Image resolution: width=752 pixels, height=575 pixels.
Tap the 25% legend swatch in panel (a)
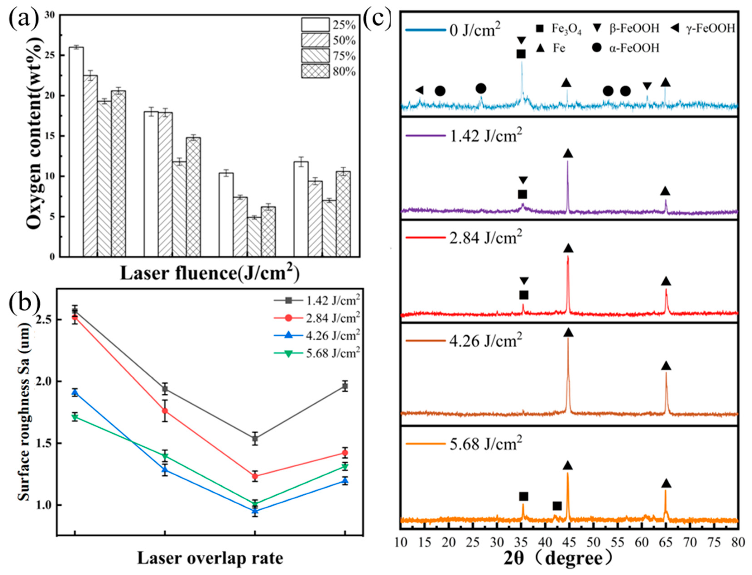pos(315,25)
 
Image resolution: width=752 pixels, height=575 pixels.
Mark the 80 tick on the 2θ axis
pos(737,542)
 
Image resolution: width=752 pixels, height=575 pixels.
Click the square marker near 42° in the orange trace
pos(557,506)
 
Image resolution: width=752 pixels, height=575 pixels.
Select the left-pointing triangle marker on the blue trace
pos(419,90)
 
